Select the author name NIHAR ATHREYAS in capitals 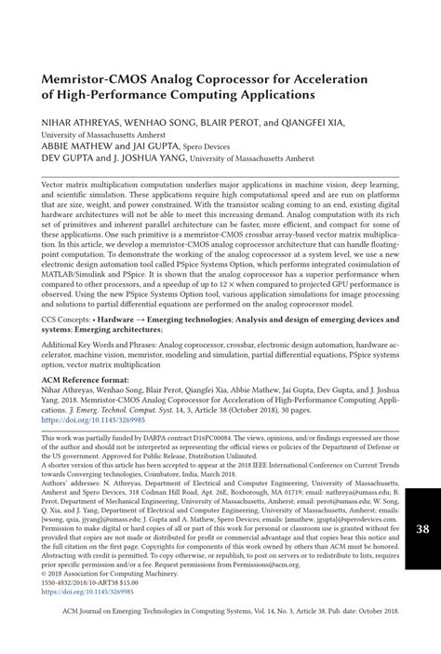(83, 120)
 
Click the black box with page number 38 (421, 529)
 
